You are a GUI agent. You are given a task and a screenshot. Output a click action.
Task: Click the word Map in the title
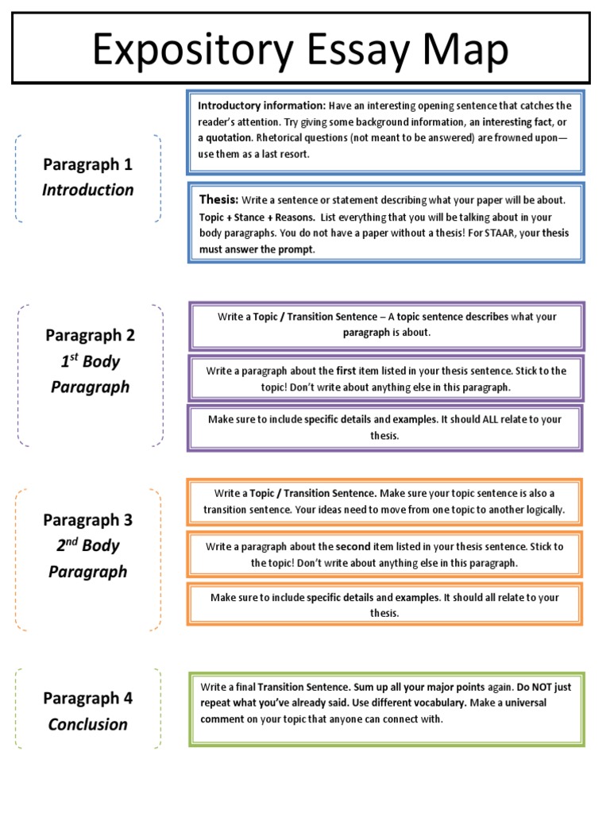462,52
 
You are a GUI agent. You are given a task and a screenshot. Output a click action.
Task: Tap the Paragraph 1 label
88,164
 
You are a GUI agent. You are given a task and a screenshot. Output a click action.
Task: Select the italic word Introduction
88,190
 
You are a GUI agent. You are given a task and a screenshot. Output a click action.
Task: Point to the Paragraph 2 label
90,335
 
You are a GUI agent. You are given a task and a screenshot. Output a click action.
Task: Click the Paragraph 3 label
88,520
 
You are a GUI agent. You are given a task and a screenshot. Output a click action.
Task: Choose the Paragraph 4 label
88,699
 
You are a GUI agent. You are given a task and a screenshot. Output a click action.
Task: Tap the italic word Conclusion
88,724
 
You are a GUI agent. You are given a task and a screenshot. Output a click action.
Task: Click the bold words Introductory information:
261,106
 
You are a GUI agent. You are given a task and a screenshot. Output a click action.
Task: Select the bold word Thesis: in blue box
218,200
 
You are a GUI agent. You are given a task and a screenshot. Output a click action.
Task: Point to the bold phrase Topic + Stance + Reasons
257,218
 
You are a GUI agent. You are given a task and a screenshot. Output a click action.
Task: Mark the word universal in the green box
550,703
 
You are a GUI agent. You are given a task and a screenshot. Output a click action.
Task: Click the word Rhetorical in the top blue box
281,139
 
